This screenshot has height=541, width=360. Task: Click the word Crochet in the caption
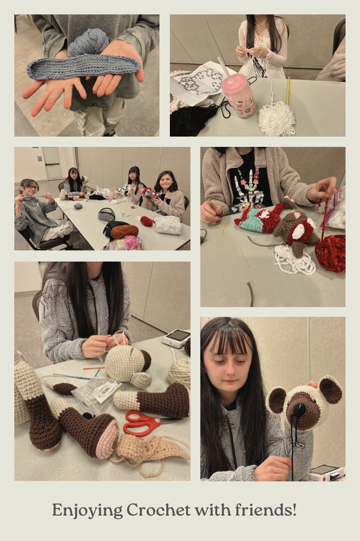point(158,510)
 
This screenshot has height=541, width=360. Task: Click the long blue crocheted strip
point(83,67)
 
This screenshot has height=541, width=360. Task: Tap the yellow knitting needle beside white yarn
point(288,90)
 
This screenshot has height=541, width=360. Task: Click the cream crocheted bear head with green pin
point(128,364)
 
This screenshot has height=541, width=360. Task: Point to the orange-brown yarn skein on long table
point(125,231)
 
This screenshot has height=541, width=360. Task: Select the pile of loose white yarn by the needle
point(277,119)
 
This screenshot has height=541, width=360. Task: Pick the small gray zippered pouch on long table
point(107,214)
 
